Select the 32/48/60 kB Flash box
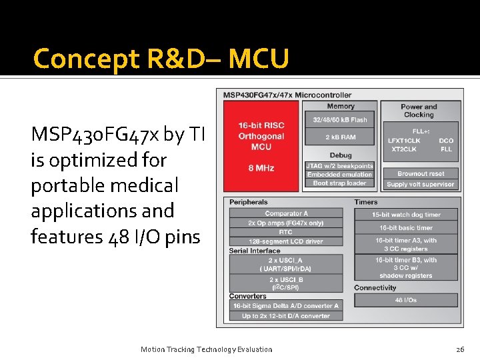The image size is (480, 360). [340, 120]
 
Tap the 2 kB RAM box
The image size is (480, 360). [340, 137]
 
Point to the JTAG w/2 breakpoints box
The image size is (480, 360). [340, 166]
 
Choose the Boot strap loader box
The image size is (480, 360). [340, 183]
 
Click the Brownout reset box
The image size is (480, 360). [421, 174]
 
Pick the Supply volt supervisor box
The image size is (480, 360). [421, 184]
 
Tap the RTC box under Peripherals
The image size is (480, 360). [286, 232]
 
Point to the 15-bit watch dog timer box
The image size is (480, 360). [406, 215]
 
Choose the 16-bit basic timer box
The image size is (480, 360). [406, 228]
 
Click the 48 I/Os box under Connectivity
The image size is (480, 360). [406, 300]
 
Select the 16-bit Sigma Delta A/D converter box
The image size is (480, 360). [286, 306]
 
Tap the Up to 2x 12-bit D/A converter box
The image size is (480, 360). [286, 316]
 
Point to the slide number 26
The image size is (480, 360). [460, 349]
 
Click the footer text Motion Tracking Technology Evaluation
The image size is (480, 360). [207, 349]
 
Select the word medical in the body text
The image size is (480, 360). [143, 185]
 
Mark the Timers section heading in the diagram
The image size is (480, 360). [366, 202]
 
